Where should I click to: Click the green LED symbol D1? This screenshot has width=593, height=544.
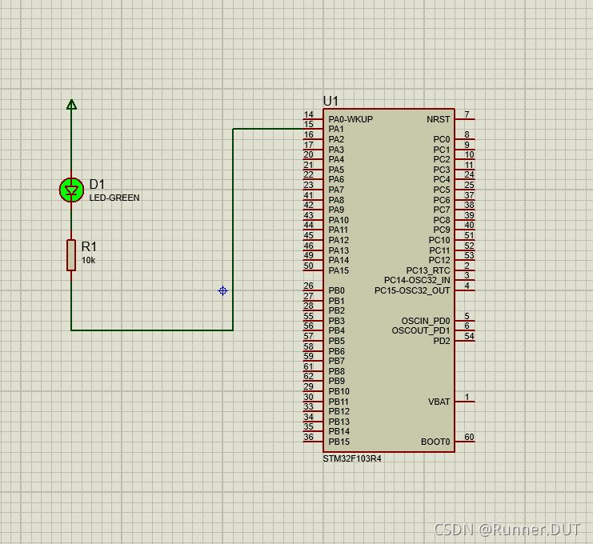(x=71, y=190)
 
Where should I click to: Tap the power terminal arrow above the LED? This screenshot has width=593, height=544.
(x=71, y=104)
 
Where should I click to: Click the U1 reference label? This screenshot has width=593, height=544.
(x=331, y=101)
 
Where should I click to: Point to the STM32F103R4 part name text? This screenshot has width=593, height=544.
(x=352, y=459)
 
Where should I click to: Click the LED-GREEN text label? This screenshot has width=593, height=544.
(x=114, y=198)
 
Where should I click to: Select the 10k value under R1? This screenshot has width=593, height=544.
(x=88, y=260)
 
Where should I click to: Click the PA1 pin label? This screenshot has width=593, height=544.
(x=336, y=130)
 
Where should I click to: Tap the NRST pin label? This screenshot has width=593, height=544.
(x=439, y=119)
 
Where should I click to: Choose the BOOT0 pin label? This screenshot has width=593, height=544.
(x=435, y=442)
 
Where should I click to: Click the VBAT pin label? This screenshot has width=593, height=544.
(x=439, y=402)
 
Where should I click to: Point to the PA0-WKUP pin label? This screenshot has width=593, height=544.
(x=351, y=119)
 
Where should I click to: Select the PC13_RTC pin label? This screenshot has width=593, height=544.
(x=428, y=270)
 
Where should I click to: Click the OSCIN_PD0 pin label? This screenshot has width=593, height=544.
(x=426, y=321)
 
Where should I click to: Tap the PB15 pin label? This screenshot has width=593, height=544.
(x=339, y=442)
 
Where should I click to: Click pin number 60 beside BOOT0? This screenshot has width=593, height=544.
(x=469, y=437)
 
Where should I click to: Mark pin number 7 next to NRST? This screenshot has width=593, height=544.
(x=467, y=114)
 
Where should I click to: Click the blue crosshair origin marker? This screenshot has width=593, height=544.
(x=222, y=290)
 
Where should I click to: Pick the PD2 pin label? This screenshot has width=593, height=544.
(x=442, y=341)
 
